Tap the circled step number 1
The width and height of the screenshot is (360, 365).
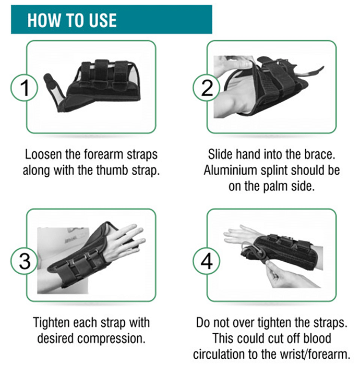point(24,88)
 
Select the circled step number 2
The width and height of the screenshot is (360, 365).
point(207,88)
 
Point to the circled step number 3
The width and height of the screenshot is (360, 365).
point(24,261)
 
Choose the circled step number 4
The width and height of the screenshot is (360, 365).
point(207,261)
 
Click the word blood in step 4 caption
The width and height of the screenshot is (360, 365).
point(317,338)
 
